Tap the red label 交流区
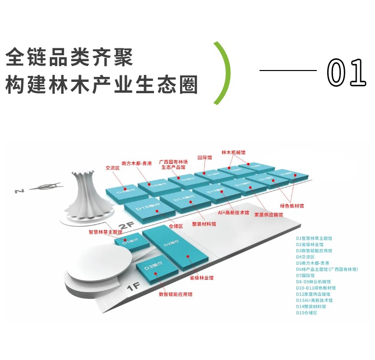[x=113, y=167]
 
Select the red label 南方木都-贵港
[x=137, y=163]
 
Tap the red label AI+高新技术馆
[x=233, y=213]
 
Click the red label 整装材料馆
[x=203, y=224]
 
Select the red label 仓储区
[x=176, y=226]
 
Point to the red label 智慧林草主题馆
[x=105, y=231]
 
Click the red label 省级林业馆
[x=202, y=278]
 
